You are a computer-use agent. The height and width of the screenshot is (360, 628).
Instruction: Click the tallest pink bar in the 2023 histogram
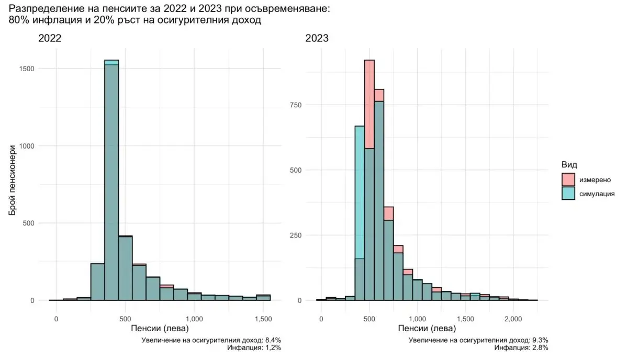[369, 104]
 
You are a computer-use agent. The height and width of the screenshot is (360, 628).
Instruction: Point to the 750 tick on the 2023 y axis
[297, 105]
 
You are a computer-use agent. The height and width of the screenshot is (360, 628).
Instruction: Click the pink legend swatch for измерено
[568, 180]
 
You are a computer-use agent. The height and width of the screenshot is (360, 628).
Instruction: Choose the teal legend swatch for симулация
[568, 193]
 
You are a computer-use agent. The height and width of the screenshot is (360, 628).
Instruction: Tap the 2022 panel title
[50, 38]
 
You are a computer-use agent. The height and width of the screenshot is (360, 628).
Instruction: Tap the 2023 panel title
[318, 38]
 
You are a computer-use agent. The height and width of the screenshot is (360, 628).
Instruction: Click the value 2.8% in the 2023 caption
[540, 347]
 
